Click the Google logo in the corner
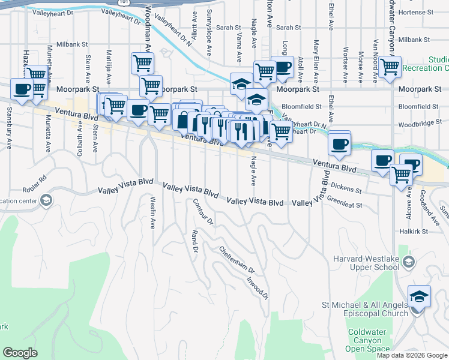click(x=20, y=353)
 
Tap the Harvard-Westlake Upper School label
click(x=366, y=265)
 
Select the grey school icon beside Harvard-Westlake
click(x=409, y=261)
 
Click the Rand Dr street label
click(x=194, y=241)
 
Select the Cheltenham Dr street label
click(x=237, y=260)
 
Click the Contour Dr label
click(x=202, y=211)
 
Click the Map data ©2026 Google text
click(x=411, y=355)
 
